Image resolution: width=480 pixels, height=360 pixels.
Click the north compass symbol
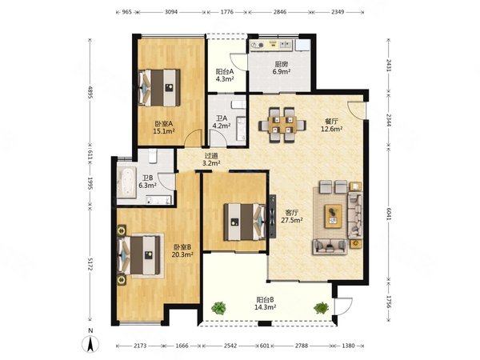90,343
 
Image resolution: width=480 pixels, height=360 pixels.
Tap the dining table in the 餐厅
282,125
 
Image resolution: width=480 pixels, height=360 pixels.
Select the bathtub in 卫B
126,182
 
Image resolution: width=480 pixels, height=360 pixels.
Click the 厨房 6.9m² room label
282,68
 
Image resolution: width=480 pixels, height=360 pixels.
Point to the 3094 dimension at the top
171,12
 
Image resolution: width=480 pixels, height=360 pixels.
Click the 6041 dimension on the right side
389,214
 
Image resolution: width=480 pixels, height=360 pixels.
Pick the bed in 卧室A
159,88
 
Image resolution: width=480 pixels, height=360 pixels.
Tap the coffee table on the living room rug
334,216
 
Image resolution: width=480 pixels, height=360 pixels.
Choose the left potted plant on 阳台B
218,308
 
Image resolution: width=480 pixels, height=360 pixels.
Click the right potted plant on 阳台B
321,308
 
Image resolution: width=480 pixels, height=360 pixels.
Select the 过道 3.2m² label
211,159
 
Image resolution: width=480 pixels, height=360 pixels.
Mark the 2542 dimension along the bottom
230,346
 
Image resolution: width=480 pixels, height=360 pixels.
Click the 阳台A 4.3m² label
225,75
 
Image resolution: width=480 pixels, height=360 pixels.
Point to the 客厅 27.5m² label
292,216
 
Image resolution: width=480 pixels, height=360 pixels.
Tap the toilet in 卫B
153,156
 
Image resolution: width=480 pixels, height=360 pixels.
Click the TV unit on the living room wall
272,216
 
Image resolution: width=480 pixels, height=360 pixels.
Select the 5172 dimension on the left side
90,263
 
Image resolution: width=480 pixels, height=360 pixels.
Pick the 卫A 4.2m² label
222,122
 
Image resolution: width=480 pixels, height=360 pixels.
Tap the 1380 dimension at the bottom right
348,346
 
